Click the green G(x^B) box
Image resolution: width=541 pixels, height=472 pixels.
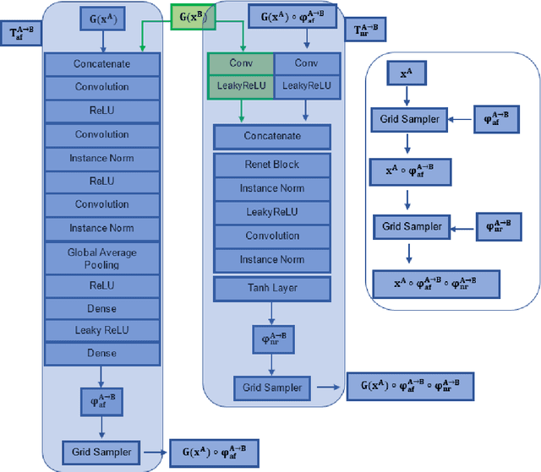click(193, 17)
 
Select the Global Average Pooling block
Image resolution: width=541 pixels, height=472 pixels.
click(101, 258)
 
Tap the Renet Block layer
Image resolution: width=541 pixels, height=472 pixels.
click(271, 165)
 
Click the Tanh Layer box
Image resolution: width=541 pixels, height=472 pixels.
click(271, 288)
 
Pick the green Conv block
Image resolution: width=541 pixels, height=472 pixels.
click(241, 62)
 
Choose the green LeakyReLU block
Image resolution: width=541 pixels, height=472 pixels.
click(241, 85)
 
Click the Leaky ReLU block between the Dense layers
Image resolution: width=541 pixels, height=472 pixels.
click(101, 329)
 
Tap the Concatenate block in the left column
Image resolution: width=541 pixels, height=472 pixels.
click(101, 63)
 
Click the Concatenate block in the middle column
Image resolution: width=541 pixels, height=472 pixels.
click(271, 136)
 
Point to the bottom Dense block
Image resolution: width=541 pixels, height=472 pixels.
click(101, 350)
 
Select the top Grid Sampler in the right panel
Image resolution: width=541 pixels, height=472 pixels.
click(410, 119)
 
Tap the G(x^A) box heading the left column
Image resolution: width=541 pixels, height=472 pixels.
click(101, 18)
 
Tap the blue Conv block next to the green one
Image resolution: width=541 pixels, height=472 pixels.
click(303, 62)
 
